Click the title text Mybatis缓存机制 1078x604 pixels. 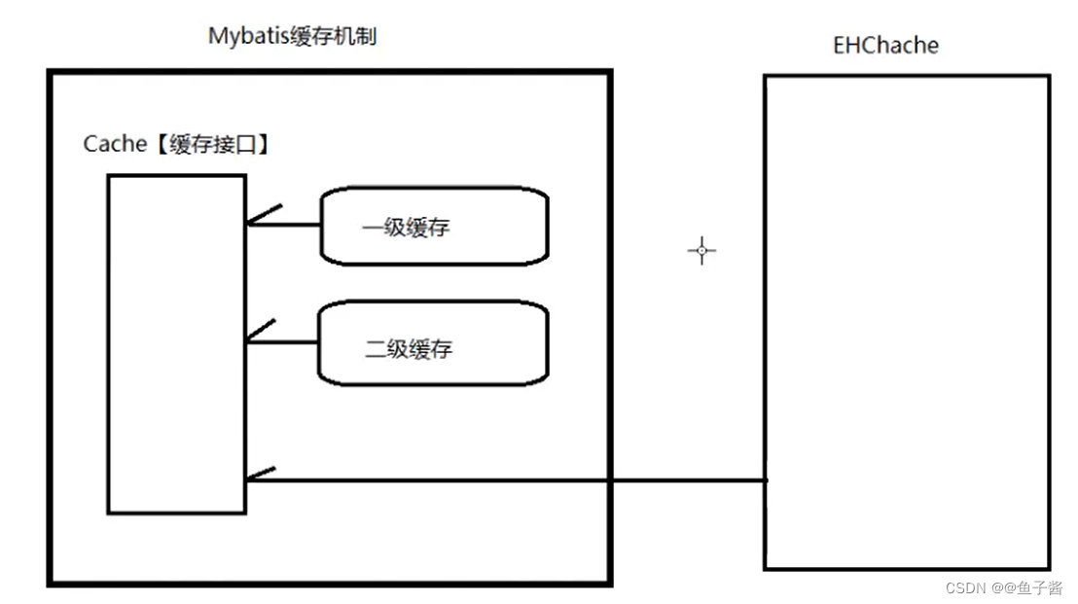coord(292,38)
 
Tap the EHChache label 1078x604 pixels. coord(885,46)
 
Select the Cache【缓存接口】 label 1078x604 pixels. coord(176,145)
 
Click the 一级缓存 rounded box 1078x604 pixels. coord(434,226)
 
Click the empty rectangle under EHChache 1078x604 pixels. coord(906,321)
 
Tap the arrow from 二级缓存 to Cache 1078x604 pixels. coord(283,341)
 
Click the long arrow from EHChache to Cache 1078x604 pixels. coord(506,480)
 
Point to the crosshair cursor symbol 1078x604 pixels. coord(701,251)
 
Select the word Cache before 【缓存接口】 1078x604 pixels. coord(115,145)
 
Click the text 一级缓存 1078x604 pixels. coord(406,229)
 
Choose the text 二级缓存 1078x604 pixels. coord(409,349)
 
